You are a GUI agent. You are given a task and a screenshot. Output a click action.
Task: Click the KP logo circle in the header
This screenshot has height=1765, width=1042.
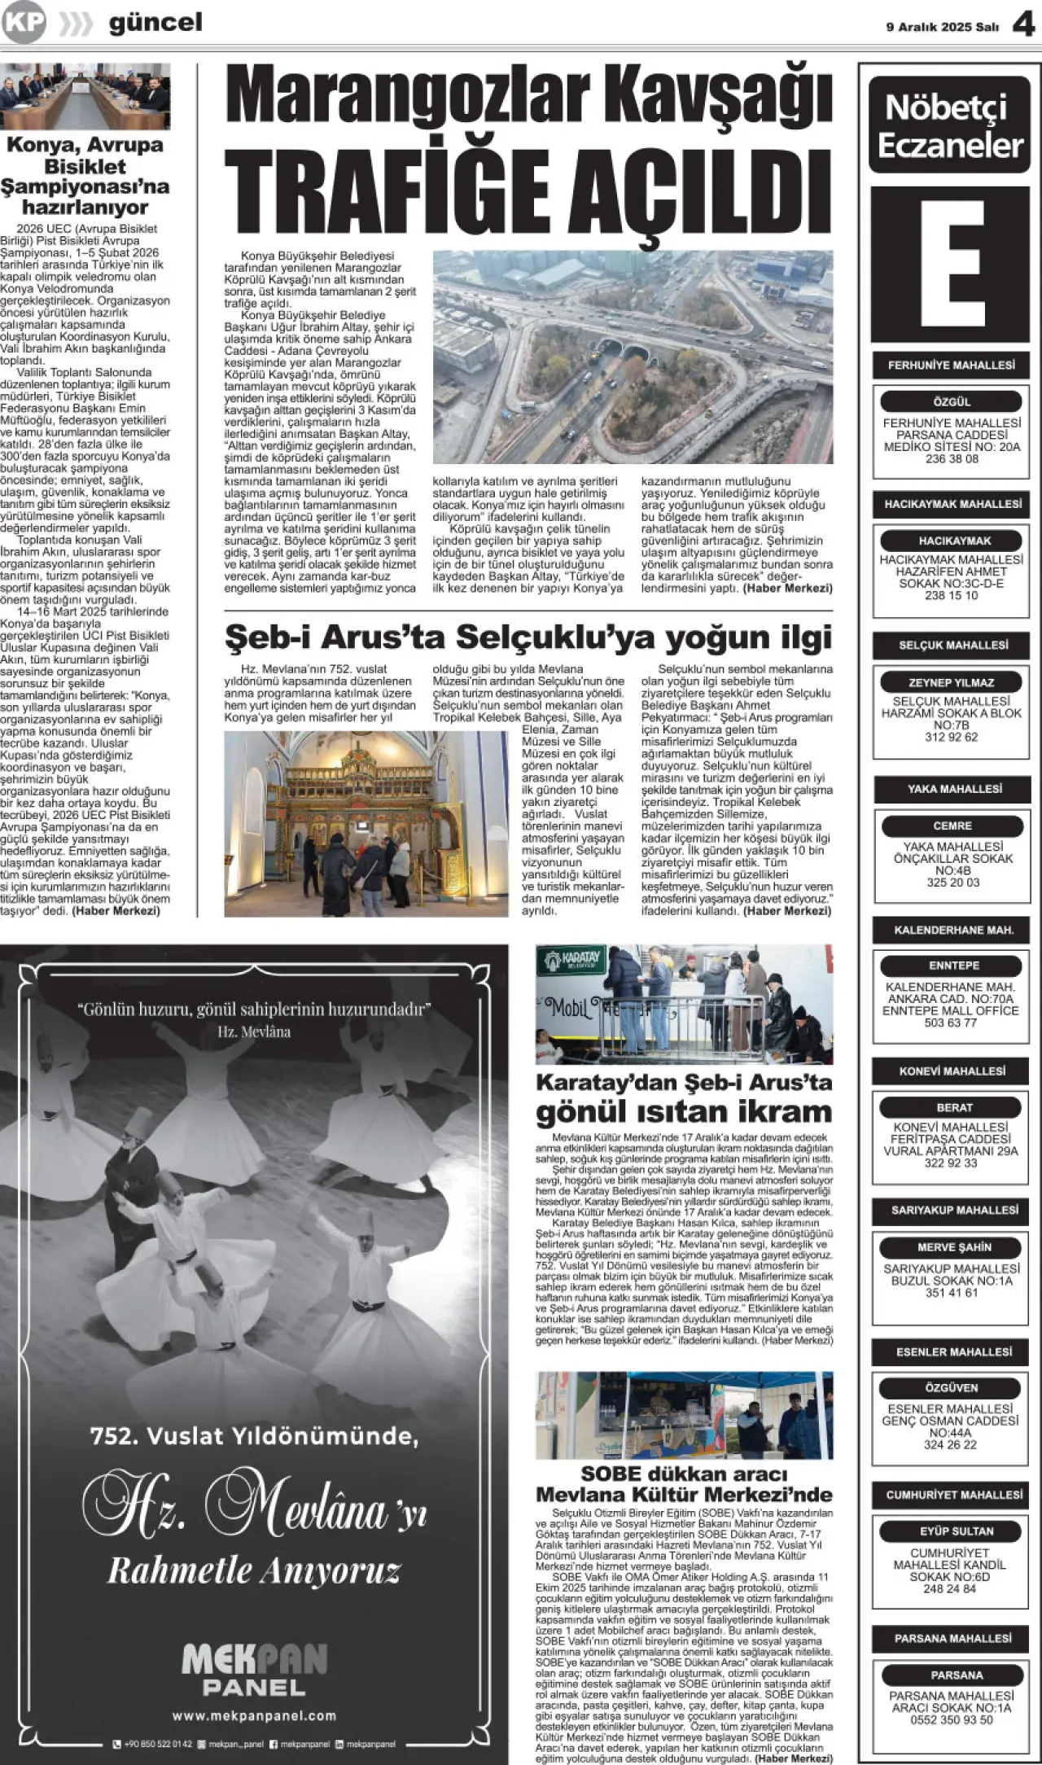coord(23,23)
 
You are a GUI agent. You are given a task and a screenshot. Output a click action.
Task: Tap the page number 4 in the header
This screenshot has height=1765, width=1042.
coord(1022,25)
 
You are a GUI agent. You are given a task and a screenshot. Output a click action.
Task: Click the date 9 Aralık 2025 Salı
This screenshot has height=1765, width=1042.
coord(942,27)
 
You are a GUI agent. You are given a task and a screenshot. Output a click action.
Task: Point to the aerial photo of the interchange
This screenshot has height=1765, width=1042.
coord(633,357)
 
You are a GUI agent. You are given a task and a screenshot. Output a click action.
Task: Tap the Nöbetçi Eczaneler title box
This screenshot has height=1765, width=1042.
coord(949,126)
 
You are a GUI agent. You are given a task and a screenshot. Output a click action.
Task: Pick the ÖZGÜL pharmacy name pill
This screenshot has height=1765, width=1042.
coord(951,401)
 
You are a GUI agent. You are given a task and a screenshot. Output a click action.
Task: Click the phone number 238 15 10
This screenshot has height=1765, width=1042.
coord(951,595)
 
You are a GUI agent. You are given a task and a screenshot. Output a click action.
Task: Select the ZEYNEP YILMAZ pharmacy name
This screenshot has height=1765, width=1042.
coord(951,682)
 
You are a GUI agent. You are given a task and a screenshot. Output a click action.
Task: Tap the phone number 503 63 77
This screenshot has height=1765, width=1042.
coord(950,1023)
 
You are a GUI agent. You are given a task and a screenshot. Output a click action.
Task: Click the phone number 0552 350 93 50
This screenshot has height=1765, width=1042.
coord(951,1719)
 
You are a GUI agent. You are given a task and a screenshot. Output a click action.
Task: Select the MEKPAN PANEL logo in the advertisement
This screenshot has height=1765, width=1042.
coord(254,1668)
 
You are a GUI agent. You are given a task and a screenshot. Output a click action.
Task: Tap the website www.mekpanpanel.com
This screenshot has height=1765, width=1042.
coord(254,1715)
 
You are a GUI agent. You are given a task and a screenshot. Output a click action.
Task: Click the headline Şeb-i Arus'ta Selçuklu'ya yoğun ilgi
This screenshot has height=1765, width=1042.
coord(528,637)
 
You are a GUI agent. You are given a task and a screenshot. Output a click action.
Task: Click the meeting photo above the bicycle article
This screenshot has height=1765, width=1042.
coord(85,96)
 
